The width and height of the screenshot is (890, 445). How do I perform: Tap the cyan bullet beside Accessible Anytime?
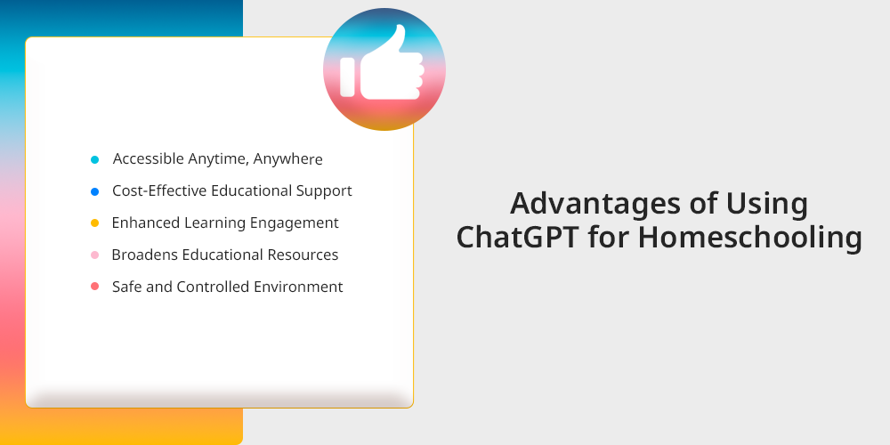pos(95,160)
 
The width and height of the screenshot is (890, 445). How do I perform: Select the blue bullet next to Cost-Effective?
pos(95,192)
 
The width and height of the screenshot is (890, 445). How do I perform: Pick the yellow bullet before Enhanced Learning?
pos(95,223)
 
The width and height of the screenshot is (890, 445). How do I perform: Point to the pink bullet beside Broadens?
pos(95,255)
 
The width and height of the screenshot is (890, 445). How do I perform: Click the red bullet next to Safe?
pos(95,287)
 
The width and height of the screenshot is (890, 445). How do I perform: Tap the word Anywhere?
pos(287,159)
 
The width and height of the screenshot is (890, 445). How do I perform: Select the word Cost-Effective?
pos(159,190)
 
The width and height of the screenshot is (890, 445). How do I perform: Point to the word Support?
pos(324,191)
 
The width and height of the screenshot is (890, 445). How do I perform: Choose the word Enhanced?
pos(146,222)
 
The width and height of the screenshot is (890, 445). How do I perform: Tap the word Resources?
pos(303,255)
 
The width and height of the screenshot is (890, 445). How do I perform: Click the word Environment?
pos(298,287)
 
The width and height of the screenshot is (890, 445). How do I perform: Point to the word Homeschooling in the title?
pos(749,239)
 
